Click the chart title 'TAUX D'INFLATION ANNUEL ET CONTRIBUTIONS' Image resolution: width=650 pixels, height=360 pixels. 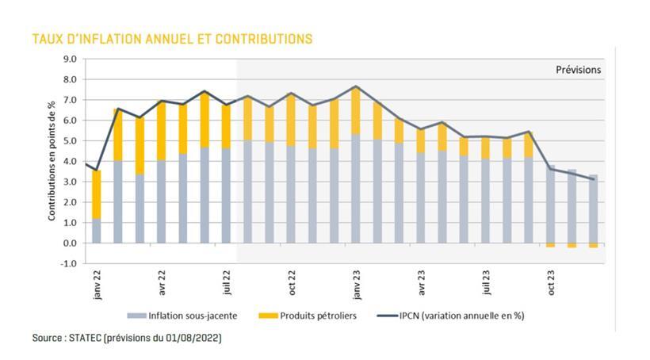pos(171,38)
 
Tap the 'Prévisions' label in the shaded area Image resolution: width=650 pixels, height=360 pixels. pos(578,70)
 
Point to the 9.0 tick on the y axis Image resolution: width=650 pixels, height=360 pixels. pos(69,59)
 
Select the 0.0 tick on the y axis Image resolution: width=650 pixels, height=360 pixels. pos(69,243)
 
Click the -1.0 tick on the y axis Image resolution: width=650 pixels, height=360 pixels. pos(68,264)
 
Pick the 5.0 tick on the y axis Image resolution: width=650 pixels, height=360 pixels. pos(69,141)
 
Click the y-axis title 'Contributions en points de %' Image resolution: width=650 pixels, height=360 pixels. pos(52,161)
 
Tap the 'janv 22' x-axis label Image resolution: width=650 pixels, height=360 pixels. pos(97,284)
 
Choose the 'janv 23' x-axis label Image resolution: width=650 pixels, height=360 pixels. pos(357,284)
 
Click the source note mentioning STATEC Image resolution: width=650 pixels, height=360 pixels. pos(127,338)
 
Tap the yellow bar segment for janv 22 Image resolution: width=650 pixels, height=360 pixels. pos(97,194)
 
